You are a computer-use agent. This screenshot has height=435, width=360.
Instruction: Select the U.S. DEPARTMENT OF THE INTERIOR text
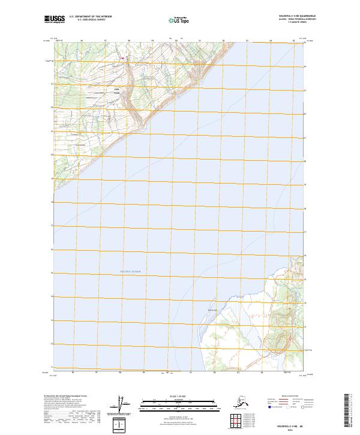pyautogui.click(x=87, y=16)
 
